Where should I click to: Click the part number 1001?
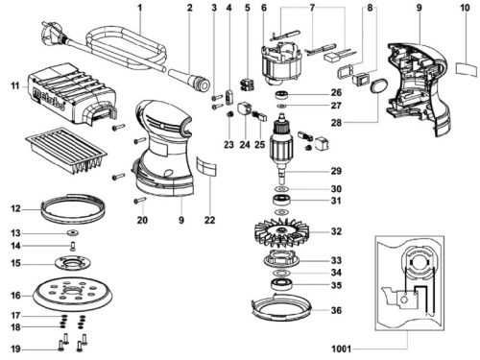click(x=341, y=348)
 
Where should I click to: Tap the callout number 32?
click(x=336, y=231)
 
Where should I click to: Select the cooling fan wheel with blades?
click(x=282, y=232)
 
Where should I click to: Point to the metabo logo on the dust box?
click(x=49, y=98)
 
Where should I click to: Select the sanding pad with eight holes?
click(x=73, y=295)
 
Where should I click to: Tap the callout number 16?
click(x=15, y=295)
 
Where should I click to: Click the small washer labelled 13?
click(x=73, y=232)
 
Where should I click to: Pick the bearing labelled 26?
click(x=282, y=95)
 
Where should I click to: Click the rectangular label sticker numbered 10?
click(x=467, y=69)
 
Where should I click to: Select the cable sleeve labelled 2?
click(x=189, y=79)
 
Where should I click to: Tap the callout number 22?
click(x=210, y=220)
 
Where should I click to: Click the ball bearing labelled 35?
click(x=281, y=284)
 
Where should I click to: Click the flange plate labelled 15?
click(x=73, y=263)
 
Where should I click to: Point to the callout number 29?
click(x=336, y=171)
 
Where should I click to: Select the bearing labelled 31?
click(x=281, y=201)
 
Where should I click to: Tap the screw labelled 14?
click(x=73, y=246)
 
